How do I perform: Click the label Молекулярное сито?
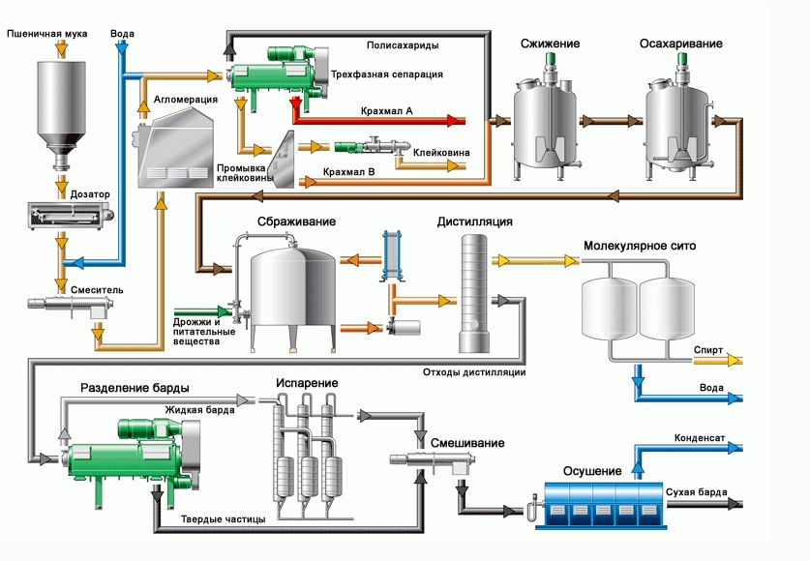coord(640,246)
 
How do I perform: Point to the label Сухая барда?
coord(691,493)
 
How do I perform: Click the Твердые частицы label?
coord(224,520)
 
